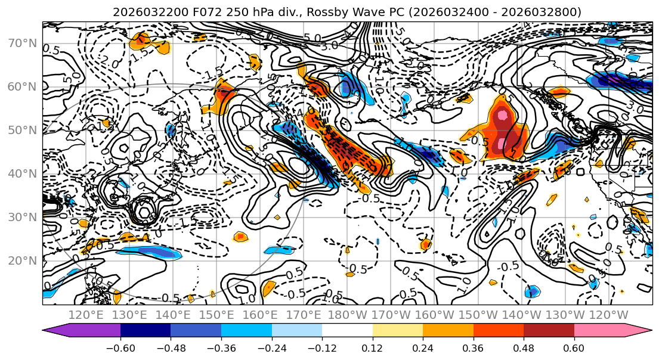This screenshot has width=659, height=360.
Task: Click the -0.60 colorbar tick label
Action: (120, 347)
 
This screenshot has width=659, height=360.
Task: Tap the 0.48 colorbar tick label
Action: (524, 347)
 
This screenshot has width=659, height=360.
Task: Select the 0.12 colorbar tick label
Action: (372, 347)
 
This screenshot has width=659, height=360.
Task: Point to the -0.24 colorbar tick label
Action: (271, 347)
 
